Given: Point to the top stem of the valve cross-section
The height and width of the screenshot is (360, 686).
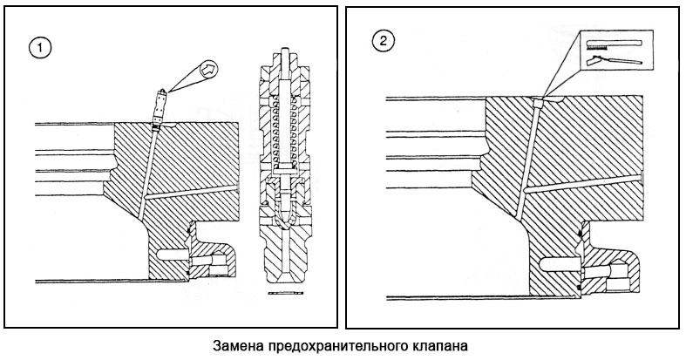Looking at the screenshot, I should click(x=284, y=53).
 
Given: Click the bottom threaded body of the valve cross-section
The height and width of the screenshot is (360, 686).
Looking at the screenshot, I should click(x=284, y=257).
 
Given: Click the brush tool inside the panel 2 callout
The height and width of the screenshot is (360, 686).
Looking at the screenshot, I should click(x=613, y=43).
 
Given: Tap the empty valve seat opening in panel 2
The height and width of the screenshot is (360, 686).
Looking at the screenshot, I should click(x=540, y=101).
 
